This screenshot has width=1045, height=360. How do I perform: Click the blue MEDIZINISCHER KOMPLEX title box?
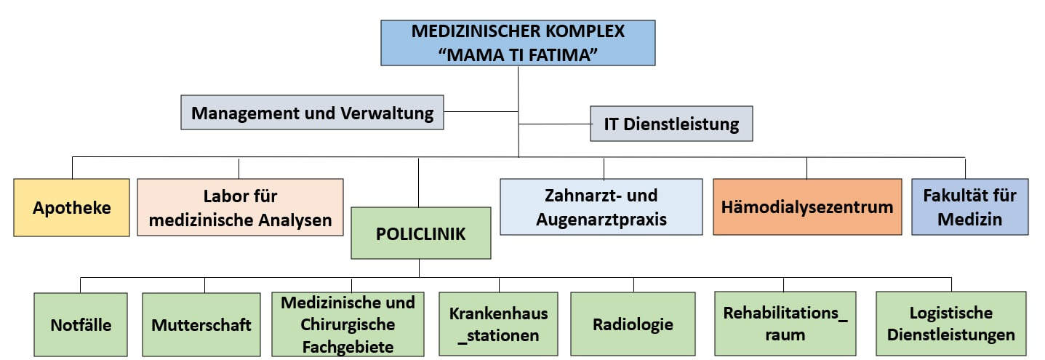click(518, 43)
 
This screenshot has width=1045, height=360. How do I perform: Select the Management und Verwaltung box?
click(312, 113)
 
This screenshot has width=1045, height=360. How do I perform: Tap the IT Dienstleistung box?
click(671, 124)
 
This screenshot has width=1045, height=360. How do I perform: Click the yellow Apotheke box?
click(71, 207)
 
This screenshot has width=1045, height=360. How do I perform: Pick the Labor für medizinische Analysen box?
click(240, 207)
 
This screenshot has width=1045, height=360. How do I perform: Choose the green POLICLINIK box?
click(421, 233)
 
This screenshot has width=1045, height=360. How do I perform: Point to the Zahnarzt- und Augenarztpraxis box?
click(601, 207)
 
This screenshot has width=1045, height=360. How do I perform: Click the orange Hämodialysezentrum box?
click(807, 207)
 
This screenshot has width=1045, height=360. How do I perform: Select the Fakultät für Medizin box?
click(970, 207)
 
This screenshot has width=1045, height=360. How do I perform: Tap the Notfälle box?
click(81, 324)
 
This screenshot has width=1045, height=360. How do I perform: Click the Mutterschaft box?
click(201, 324)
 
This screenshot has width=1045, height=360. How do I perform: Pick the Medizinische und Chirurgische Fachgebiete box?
click(348, 324)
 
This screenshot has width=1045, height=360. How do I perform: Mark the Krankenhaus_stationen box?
click(498, 324)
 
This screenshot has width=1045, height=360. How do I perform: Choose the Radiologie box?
click(633, 324)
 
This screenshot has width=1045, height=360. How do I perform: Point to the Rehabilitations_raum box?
click(785, 324)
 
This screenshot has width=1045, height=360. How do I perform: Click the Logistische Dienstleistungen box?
click(950, 324)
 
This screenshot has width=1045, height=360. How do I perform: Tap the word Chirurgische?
click(348, 324)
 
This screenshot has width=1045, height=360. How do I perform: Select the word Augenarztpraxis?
click(601, 219)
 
